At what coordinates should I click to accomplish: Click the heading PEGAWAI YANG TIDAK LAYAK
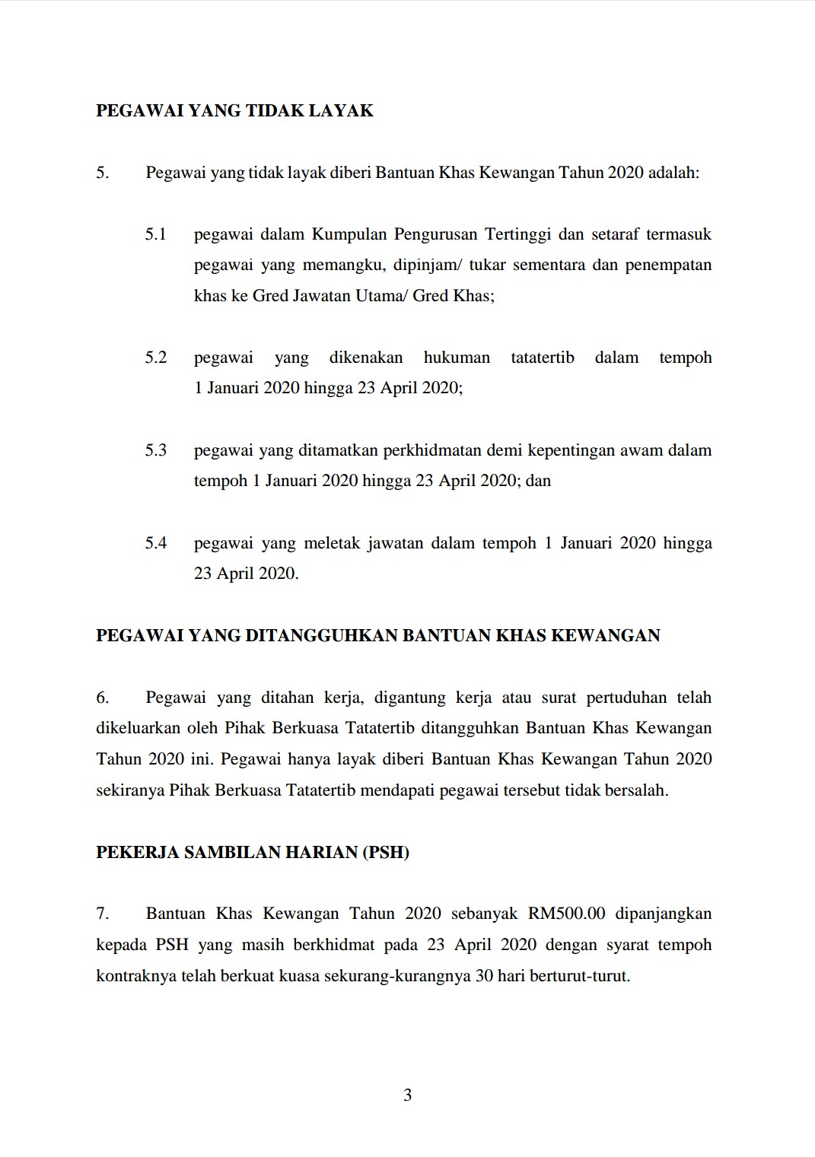pyautogui.click(x=234, y=111)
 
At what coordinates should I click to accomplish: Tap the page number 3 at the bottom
pyautogui.click(x=407, y=1095)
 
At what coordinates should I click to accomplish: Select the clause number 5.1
pyautogui.click(x=156, y=234)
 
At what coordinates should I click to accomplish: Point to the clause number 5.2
pyautogui.click(x=156, y=358)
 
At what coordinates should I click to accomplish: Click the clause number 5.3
pyautogui.click(x=156, y=450)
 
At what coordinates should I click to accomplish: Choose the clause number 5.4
pyautogui.click(x=156, y=543)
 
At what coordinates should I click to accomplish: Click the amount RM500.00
pyautogui.click(x=567, y=914)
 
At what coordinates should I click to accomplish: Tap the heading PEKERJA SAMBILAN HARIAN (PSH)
pyautogui.click(x=253, y=852)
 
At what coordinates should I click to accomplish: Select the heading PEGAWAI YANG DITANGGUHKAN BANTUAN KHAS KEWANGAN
pyautogui.click(x=378, y=636)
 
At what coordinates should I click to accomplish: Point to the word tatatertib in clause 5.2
pyautogui.click(x=543, y=358)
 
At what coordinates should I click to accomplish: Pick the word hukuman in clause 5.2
pyautogui.click(x=457, y=358)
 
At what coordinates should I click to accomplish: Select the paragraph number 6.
pyautogui.click(x=103, y=698)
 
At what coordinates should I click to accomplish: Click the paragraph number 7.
pyautogui.click(x=103, y=914)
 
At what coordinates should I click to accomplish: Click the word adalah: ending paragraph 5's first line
pyautogui.click(x=673, y=173)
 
